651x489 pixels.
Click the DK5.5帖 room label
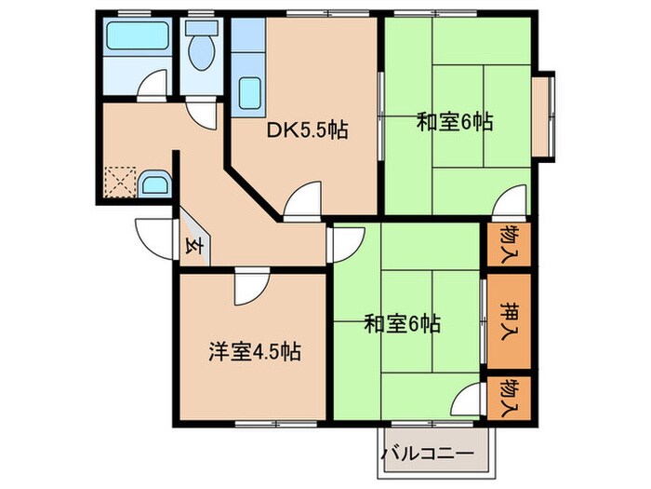[x=307, y=130]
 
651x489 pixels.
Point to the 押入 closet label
[x=509, y=320]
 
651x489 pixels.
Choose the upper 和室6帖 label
[x=454, y=121]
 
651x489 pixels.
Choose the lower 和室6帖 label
[x=402, y=325]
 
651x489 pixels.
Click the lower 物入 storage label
[x=509, y=398]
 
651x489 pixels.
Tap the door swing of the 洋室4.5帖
[x=249, y=286]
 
